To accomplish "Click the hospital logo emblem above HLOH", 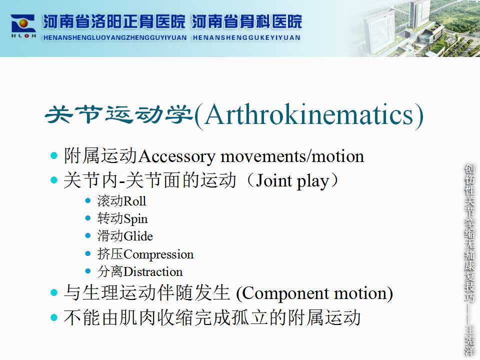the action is pyautogui.click(x=23, y=23).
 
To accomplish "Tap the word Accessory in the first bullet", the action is pyautogui.click(x=177, y=157).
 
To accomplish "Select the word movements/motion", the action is pyautogui.click(x=292, y=156).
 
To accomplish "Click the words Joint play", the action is pyautogui.click(x=292, y=180).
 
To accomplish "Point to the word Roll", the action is pyautogui.click(x=134, y=201).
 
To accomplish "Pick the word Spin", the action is pyautogui.click(x=135, y=219).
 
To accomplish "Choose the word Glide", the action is pyautogui.click(x=138, y=236).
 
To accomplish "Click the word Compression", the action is pyautogui.click(x=158, y=254).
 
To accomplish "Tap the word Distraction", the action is pyautogui.click(x=153, y=272).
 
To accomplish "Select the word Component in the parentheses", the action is pyautogui.click(x=285, y=294).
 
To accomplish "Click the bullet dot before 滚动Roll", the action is pyautogui.click(x=88, y=201).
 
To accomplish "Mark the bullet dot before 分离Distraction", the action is pyautogui.click(x=88, y=271).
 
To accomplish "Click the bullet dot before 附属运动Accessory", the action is pyautogui.click(x=54, y=155).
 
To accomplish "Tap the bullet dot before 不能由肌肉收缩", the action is pyautogui.click(x=54, y=317).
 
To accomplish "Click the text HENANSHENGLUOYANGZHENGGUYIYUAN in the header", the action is pyautogui.click(x=115, y=38).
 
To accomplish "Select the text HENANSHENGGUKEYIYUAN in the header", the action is pyautogui.click(x=246, y=38).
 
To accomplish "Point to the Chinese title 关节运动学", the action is pyautogui.click(x=119, y=115).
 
